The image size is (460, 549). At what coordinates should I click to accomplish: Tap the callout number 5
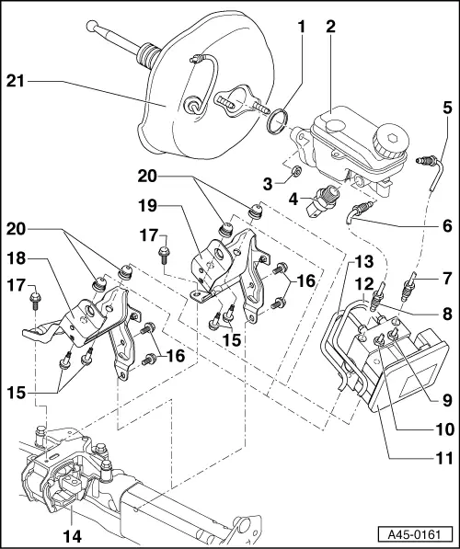coord(445,108)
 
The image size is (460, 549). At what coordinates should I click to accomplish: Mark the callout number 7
coord(445,278)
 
